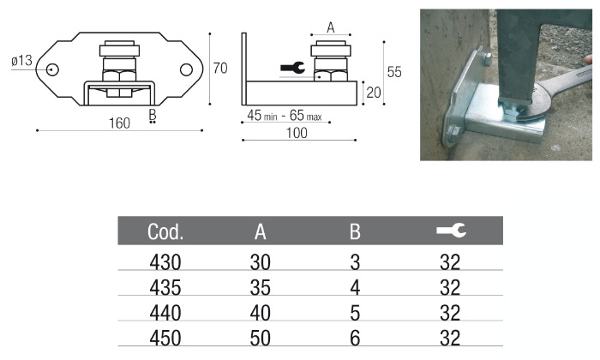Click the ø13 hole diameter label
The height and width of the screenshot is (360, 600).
22,60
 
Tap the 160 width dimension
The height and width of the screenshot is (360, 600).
119,123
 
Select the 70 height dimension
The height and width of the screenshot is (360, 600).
220,68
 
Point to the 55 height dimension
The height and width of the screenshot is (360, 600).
393,73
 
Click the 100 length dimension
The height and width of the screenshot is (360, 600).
297,133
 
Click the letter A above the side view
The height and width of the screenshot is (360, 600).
331,27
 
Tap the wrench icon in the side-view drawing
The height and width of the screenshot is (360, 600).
292,68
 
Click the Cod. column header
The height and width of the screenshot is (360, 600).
165,231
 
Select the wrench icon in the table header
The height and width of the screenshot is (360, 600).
451,230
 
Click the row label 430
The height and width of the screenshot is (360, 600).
165,261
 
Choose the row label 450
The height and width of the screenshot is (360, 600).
165,337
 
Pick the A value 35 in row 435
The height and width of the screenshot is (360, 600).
261,287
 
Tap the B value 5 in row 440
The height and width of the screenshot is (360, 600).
356,312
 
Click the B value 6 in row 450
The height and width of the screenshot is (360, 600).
356,337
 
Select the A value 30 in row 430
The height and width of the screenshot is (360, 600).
261,261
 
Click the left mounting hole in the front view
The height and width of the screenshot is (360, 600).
53,69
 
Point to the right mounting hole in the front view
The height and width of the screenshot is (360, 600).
186,69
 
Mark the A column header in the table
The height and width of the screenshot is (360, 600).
261,231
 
